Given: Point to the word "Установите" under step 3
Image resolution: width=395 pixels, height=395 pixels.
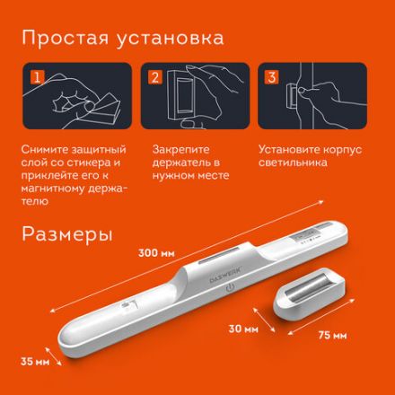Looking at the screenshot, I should (x=287, y=149).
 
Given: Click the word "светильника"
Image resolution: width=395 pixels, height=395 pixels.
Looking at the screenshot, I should (x=291, y=162).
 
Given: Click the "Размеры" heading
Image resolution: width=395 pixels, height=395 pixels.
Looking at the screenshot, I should (x=67, y=234).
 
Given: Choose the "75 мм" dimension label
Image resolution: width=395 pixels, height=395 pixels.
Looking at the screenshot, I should (x=334, y=337).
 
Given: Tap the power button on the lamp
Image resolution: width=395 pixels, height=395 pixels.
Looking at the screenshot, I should (x=232, y=292).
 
